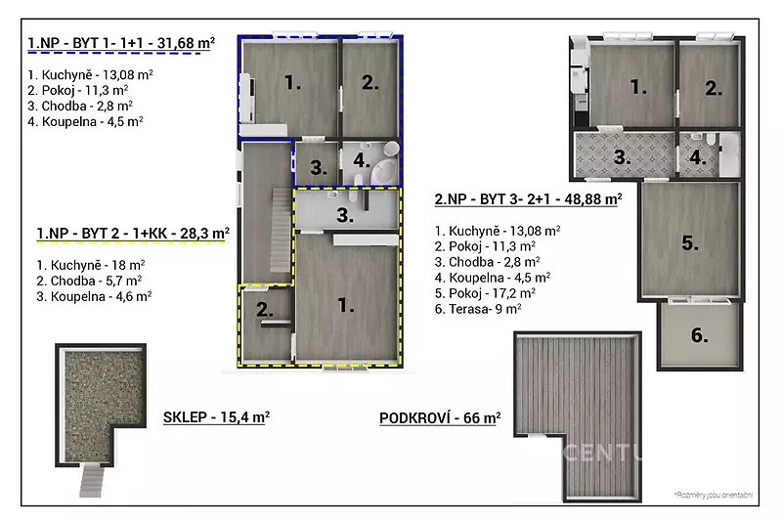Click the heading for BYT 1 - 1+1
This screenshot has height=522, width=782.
(x=121, y=43)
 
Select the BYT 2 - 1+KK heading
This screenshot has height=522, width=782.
(x=133, y=234)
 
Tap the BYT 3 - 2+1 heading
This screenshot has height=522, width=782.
(x=528, y=199)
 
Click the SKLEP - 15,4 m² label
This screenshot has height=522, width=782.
(x=216, y=416)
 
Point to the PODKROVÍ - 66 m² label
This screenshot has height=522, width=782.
(x=440, y=417)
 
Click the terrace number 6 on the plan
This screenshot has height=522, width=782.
(x=699, y=335)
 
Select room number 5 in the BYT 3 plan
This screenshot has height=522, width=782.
(x=690, y=242)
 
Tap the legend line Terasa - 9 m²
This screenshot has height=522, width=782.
(x=478, y=309)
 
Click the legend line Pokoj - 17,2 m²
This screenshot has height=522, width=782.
(x=485, y=292)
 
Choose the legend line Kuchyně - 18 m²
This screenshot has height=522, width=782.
(x=91, y=265)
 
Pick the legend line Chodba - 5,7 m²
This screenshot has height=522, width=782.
(x=89, y=281)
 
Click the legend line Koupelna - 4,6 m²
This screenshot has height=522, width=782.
(x=94, y=296)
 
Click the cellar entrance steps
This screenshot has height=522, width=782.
(x=92, y=479)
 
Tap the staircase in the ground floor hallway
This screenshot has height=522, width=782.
(x=281, y=231)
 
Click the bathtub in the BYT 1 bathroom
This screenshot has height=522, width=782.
(x=384, y=171)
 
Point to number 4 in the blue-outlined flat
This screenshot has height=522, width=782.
(x=361, y=160)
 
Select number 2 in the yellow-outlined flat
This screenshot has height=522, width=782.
(x=265, y=310)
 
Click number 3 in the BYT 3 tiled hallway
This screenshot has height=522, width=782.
(x=622, y=157)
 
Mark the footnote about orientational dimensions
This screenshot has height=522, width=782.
(x=714, y=495)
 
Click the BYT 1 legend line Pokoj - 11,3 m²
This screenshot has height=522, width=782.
(x=78, y=90)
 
